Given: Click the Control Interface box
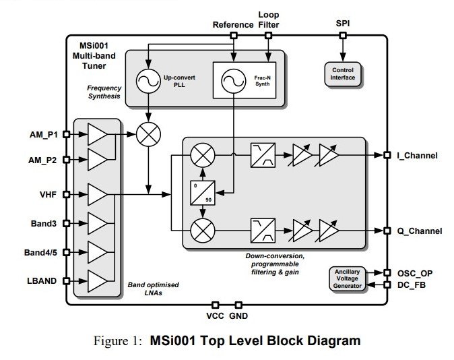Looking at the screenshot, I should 343,73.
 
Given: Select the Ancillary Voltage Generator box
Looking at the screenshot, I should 348,279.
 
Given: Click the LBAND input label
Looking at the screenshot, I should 42,280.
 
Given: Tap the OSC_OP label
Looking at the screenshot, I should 416,273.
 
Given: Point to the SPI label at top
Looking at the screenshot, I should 342,24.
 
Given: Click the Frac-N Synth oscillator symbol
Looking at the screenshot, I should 231,82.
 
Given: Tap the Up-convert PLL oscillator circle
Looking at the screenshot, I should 146,82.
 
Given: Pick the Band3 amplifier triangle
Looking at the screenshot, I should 97,223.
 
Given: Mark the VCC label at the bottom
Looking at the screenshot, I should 215,316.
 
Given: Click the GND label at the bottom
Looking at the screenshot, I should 238,316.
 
